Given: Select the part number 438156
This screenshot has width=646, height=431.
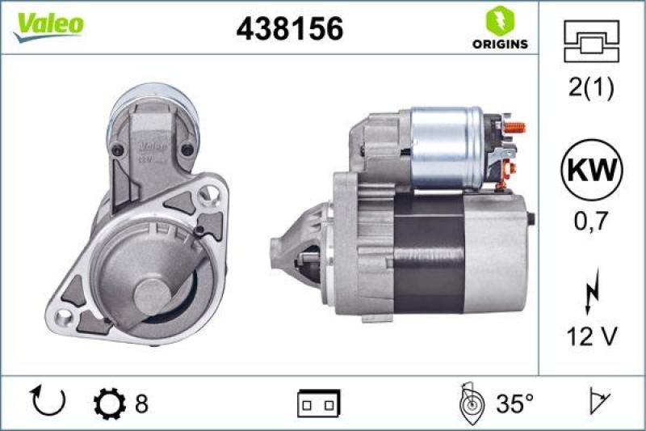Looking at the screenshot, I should tap(289, 29).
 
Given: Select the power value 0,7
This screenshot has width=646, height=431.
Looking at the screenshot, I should tap(592, 219).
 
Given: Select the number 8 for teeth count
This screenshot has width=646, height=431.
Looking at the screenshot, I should tap(141, 402).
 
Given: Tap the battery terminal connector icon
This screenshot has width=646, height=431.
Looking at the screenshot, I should tap(318, 402).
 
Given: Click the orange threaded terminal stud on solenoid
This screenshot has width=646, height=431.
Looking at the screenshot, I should tap(514, 128).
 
